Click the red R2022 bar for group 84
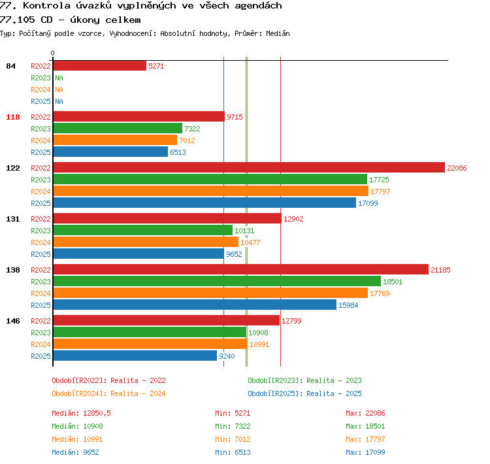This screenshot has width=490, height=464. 100,65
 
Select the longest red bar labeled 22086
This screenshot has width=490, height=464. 249,167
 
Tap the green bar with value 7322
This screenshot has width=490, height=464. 118,128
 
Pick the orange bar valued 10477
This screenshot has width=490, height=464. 146,242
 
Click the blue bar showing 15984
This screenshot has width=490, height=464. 195,305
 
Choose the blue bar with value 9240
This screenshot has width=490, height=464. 135,356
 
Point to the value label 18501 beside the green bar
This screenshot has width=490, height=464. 393,282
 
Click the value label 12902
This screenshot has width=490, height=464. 293,219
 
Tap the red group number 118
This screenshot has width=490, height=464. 13,117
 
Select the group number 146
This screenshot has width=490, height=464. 13,321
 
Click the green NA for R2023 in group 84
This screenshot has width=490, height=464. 59,78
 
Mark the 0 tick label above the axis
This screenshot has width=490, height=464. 52,53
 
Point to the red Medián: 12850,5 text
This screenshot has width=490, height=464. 81,413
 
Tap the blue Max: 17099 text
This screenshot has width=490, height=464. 365,452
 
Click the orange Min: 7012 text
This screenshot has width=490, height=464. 233,439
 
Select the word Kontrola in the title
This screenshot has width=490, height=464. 47,5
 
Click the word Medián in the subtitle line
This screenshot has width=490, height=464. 278,33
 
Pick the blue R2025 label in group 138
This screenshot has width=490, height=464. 41,305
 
